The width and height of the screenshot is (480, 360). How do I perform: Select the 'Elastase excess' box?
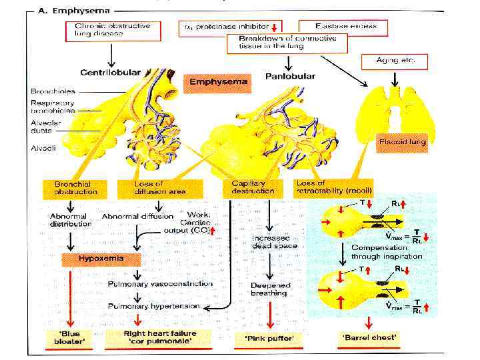(x=346, y=27)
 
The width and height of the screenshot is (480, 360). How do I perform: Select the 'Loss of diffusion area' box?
(x=144, y=187)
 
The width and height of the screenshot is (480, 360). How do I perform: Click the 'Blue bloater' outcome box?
(x=71, y=337)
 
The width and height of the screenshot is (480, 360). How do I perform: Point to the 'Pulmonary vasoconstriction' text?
(x=159, y=284)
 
